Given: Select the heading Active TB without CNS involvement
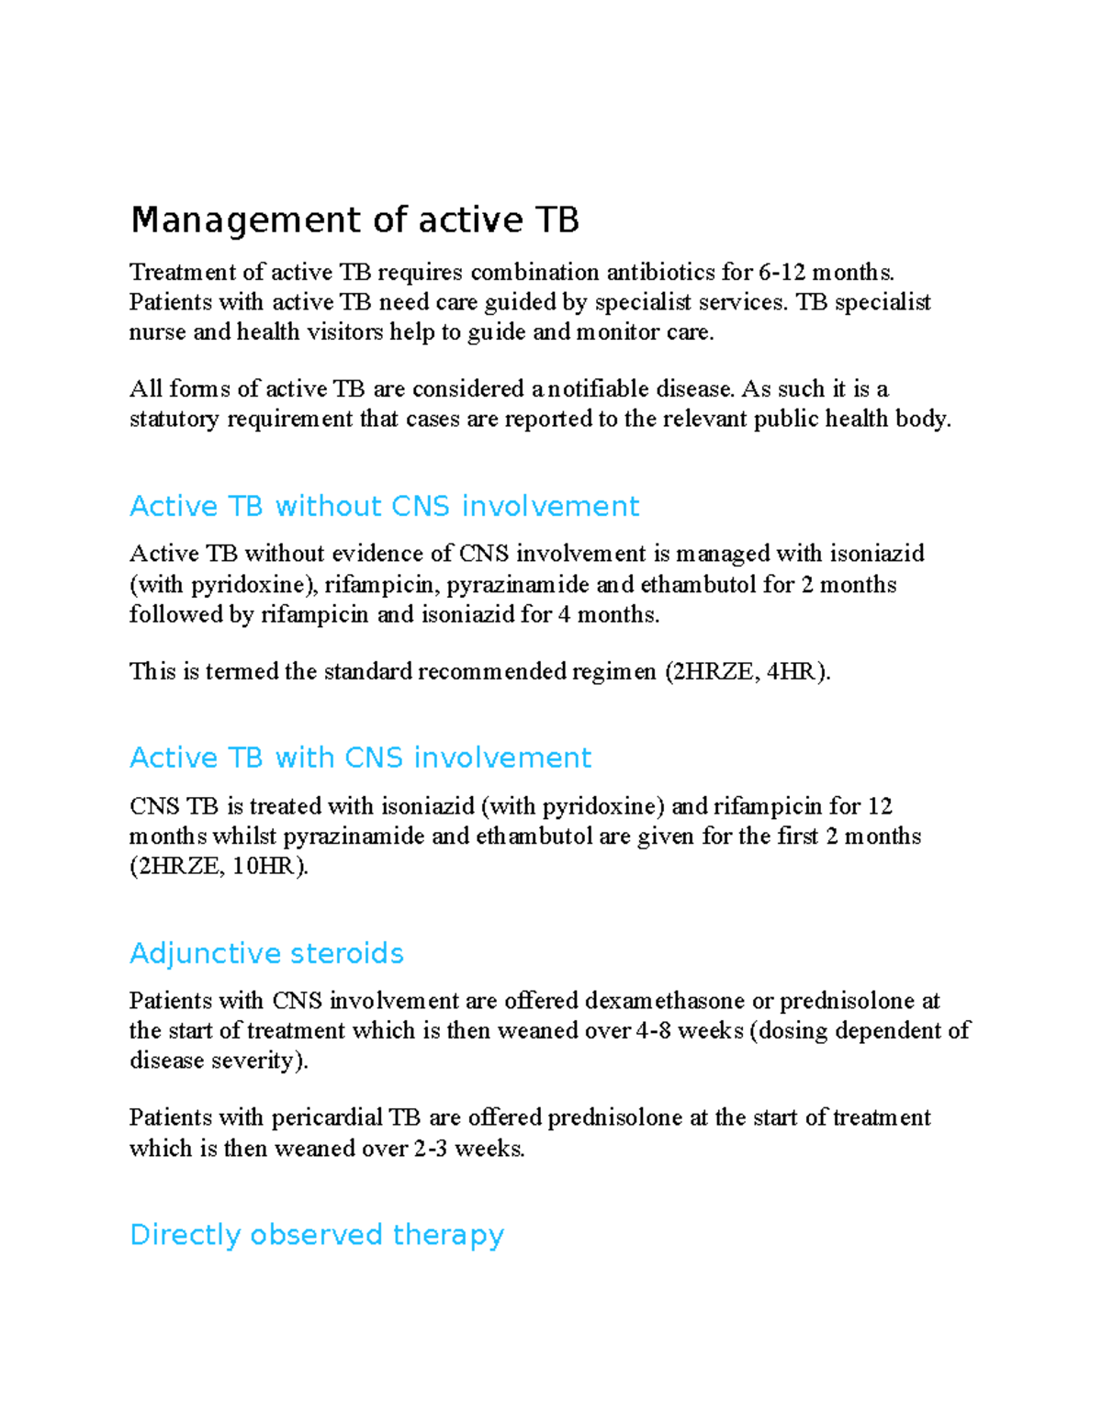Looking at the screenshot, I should click(x=384, y=506).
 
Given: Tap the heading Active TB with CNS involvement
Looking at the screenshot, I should click(x=360, y=758).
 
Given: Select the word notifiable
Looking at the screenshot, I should click(x=600, y=389).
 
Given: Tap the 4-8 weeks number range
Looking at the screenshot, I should click(x=653, y=1031).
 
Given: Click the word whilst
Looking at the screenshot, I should click(x=243, y=837).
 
